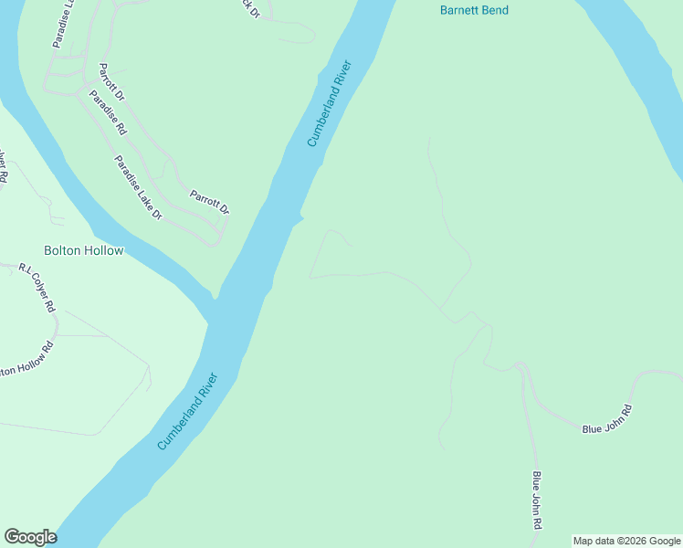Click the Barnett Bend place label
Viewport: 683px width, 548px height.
(474, 11)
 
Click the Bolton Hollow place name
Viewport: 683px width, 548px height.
(83, 250)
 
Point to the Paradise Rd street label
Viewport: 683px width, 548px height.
(107, 113)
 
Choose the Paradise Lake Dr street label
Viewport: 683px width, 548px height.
(137, 187)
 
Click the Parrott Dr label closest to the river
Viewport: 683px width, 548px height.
(209, 202)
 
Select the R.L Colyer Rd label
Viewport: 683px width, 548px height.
(37, 288)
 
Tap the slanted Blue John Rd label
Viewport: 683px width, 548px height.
(607, 419)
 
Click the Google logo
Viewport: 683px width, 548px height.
(30, 537)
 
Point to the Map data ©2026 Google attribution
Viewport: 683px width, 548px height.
(627, 541)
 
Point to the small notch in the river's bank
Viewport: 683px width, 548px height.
(300, 218)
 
